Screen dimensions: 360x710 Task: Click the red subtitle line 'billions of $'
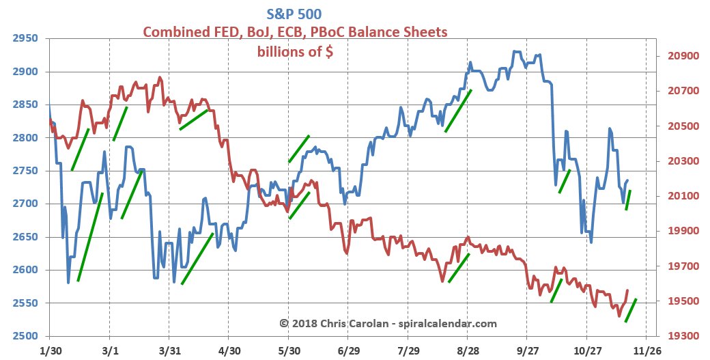coord(295,52)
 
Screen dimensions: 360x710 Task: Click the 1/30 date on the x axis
coord(50,348)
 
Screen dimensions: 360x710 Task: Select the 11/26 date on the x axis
coord(644,348)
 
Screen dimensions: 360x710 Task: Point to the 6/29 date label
coord(348,348)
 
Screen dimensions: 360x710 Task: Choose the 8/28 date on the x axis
coord(467,348)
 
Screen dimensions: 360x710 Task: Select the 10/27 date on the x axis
coord(586,348)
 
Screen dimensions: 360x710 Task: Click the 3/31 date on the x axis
coord(169,348)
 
